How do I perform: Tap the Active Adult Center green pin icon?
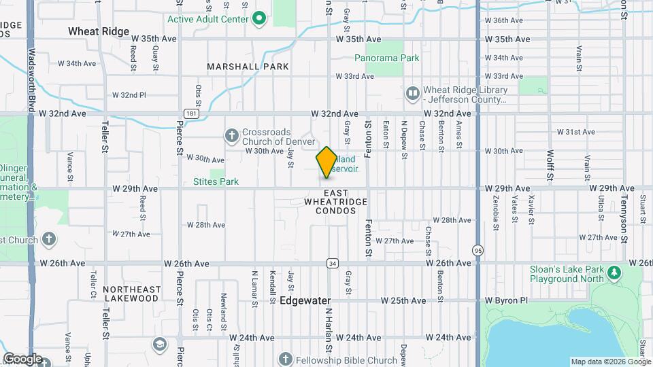tap(258, 18)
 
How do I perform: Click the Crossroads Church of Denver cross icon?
tap(231, 135)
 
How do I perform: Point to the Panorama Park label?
tap(392, 58)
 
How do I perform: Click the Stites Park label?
tap(216, 181)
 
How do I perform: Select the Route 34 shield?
tap(332, 263)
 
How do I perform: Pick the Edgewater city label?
tap(305, 300)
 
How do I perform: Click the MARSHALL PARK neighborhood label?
tap(248, 67)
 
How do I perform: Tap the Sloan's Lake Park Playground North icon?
tap(615, 273)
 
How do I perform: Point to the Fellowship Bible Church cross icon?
tap(286, 360)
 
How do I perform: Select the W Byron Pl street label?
tap(506, 300)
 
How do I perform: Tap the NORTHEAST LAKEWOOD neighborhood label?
tap(132, 294)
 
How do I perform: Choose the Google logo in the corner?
tap(22, 359)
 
